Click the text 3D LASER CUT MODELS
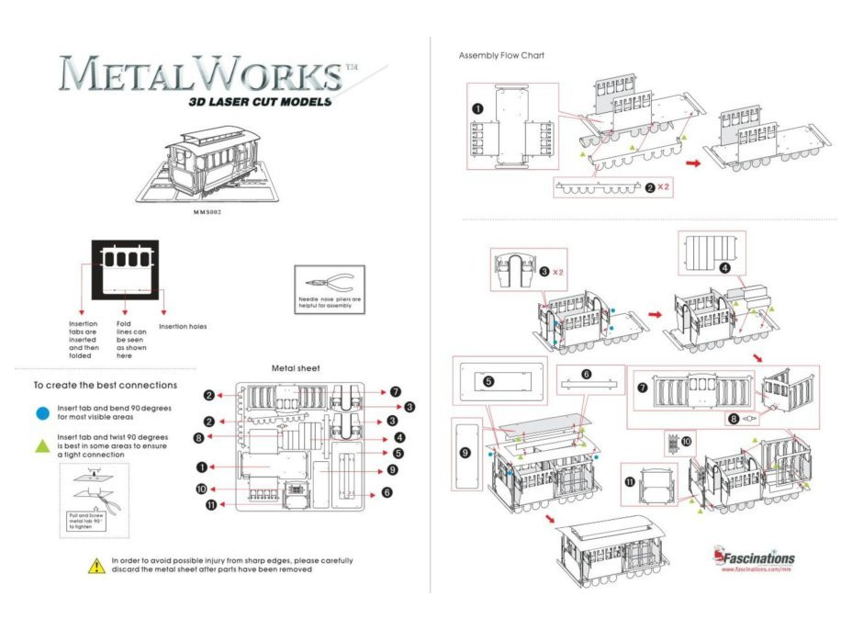[259, 102]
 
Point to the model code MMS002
[208, 211]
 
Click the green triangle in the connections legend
[41, 444]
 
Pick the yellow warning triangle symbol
[95, 566]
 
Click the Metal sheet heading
[296, 368]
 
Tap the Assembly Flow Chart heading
[501, 56]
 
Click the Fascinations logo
[754, 557]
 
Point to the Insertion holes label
[183, 326]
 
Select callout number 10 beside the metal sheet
[201, 489]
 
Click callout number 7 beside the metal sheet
[395, 391]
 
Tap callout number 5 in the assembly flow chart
[488, 380]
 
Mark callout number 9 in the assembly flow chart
[465, 453]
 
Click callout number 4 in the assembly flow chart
[724, 268]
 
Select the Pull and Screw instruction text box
[89, 520]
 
